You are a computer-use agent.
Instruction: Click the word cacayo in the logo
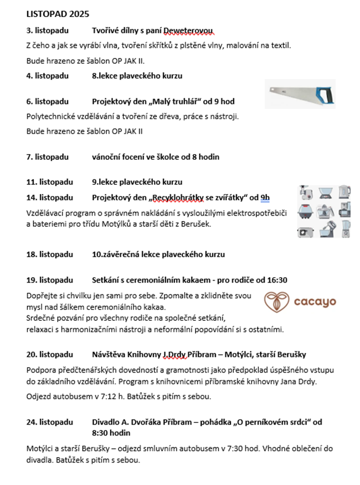coord(315,302)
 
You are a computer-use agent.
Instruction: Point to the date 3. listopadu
coord(47,31)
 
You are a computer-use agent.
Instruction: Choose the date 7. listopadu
coord(47,157)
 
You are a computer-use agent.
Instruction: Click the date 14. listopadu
coord(49,198)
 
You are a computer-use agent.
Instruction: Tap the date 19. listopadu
coord(49,280)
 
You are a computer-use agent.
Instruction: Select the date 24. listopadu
coord(49,421)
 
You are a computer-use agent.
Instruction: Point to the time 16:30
coord(276,280)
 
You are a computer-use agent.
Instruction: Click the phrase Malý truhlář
coord(173,102)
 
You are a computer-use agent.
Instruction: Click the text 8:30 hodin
coord(111,433)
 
